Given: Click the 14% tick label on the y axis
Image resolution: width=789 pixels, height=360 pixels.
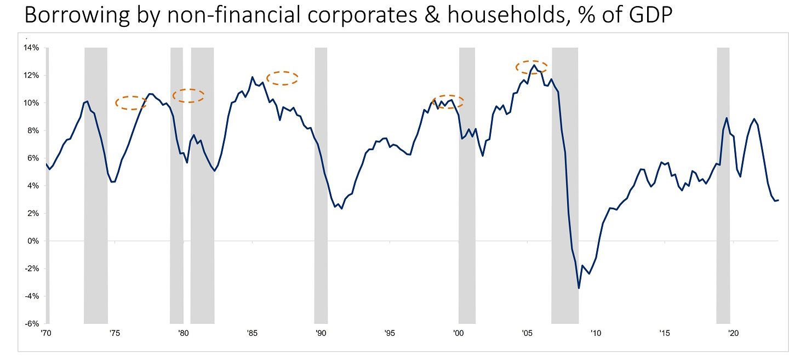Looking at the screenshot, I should (31, 48).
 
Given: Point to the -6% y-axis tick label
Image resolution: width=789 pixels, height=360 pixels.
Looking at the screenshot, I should (31, 324).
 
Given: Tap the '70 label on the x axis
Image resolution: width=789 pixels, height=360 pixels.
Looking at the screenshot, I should (46, 333).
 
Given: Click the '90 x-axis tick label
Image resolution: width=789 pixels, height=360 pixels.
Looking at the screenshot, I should (321, 333).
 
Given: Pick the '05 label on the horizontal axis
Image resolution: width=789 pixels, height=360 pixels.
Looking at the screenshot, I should (527, 333).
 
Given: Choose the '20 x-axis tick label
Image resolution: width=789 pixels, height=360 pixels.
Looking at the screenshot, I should (733, 333).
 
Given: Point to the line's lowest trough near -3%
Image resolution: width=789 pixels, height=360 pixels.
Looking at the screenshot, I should (579, 288).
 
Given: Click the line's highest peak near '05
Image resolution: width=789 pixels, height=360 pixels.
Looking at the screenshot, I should (534, 65).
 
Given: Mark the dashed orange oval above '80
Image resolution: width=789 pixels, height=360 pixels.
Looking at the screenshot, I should (188, 95).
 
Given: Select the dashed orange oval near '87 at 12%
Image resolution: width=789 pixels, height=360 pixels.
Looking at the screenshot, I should (282, 78).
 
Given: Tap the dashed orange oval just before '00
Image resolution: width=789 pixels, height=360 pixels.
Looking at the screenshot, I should (448, 101).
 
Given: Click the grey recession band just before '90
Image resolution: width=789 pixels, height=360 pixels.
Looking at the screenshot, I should (321, 186).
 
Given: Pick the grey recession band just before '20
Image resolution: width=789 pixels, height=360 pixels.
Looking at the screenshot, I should (723, 186).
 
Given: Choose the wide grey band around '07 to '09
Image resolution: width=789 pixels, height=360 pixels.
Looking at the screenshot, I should (565, 186).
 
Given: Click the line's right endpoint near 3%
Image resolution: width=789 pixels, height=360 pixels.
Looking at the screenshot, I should (779, 200).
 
